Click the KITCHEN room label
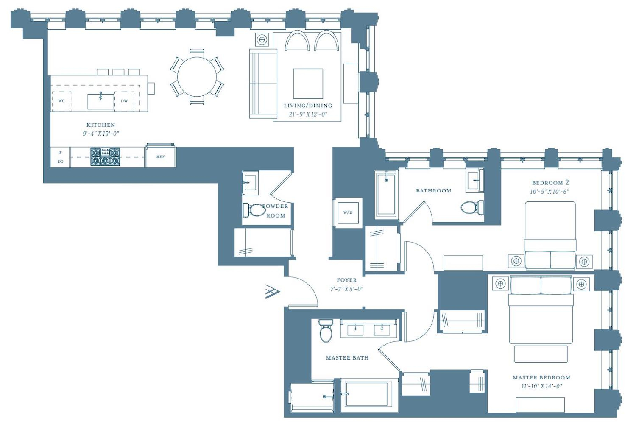tap(100, 125)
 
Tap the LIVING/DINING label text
tap(308, 106)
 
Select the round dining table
tap(197, 77)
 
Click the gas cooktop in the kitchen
tap(105, 156)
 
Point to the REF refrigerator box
tap(160, 156)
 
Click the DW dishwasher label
tap(124, 101)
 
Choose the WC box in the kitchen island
tap(61, 101)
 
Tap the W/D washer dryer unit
tap(348, 212)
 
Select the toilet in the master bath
tap(326, 331)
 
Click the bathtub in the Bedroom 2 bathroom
tap(386, 194)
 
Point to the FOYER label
tap(347, 280)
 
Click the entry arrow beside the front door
tap(273, 292)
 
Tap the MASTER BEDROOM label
tap(541, 378)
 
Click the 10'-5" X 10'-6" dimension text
tap(550, 192)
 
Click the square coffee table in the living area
tap(308, 84)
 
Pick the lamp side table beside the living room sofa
tap(262, 39)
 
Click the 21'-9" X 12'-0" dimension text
tap(308, 114)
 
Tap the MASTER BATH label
tap(347, 358)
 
